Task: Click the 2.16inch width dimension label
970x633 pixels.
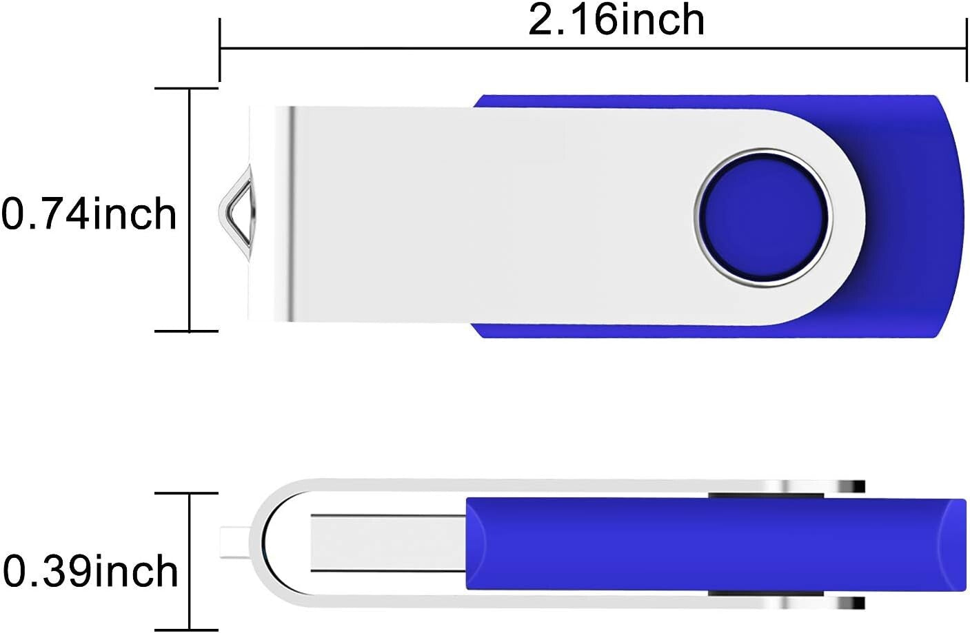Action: click(616, 21)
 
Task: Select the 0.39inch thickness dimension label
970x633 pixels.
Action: click(90, 572)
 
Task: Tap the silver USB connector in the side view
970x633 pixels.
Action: click(386, 542)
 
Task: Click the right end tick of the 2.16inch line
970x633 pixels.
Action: click(966, 49)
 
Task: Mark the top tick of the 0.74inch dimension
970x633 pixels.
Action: click(186, 89)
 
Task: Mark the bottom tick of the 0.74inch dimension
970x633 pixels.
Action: click(186, 331)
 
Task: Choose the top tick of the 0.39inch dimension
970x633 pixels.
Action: click(186, 493)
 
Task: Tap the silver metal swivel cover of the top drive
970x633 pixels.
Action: click(483, 214)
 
